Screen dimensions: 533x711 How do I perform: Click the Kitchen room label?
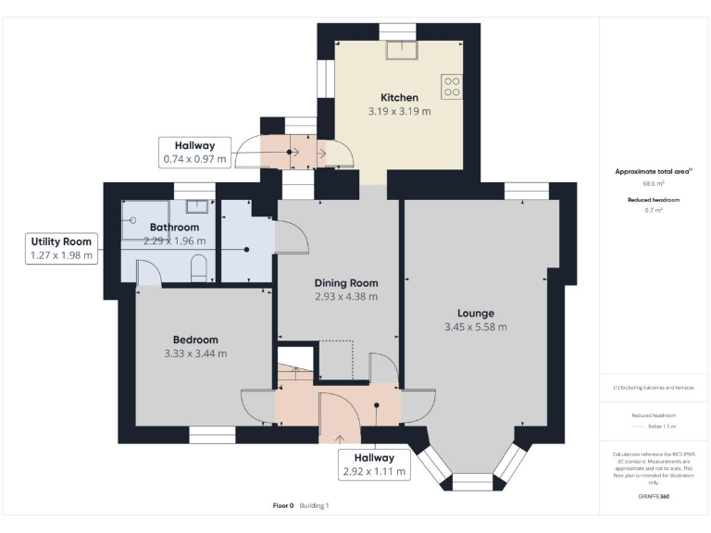(399, 97)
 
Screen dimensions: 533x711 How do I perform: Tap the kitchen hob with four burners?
(452, 86)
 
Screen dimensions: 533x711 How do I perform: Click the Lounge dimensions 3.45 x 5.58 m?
(476, 327)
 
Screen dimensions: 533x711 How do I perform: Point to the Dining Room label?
(346, 282)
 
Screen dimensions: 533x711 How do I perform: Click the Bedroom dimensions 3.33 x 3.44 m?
(195, 353)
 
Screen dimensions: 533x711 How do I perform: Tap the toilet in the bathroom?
(197, 269)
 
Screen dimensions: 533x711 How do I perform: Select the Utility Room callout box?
(62, 248)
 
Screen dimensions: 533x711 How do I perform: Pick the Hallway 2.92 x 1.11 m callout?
(368, 465)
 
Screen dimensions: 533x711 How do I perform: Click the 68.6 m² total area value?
(654, 183)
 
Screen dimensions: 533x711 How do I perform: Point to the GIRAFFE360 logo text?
(654, 497)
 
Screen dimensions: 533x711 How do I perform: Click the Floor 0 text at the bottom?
(282, 505)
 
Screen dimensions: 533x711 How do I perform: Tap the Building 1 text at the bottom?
(315, 505)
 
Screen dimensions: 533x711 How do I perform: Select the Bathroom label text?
(174, 228)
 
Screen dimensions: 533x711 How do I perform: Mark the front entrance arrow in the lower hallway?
(338, 438)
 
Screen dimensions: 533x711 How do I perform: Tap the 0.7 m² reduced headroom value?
(654, 210)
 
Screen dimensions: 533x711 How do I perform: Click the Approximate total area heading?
(654, 171)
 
